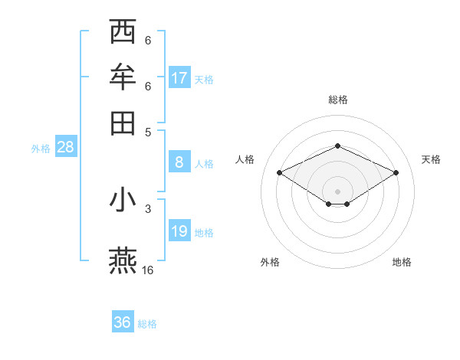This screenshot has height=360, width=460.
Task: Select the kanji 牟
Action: (123, 77)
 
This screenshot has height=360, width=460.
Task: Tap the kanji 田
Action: (123, 122)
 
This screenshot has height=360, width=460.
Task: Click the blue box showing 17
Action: (179, 77)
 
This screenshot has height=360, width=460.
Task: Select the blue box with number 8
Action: (179, 162)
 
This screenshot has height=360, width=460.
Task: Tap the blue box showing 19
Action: (179, 231)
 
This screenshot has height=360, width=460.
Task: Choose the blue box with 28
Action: (65, 148)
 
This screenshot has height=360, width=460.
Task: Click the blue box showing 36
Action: (123, 322)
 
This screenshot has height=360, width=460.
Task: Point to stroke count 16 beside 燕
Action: (148, 270)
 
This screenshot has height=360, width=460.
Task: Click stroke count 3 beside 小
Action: (148, 208)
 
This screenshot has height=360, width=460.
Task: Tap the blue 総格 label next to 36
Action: (148, 324)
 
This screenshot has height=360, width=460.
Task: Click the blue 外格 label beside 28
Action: (41, 149)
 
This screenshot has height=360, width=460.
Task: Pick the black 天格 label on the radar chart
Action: (431, 159)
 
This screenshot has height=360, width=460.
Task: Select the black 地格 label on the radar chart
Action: (402, 262)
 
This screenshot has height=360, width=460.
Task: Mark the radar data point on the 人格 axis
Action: (279, 173)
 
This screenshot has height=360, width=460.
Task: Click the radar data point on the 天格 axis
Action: (396, 173)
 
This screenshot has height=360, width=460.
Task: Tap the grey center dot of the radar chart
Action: (337, 191)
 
